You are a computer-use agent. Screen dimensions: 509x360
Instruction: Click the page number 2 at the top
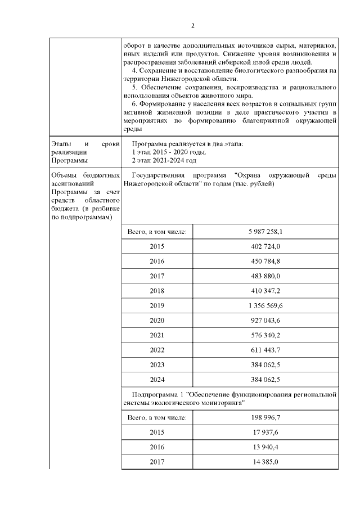pyautogui.click(x=192, y=26)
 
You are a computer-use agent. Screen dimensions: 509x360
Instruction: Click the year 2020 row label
pyautogui.click(x=157, y=320)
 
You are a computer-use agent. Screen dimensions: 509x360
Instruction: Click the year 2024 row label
pyautogui.click(x=157, y=379)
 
